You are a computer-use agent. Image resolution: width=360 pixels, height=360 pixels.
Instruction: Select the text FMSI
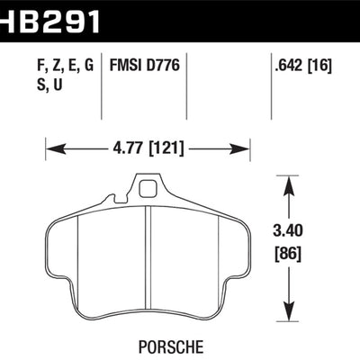coord(125,65)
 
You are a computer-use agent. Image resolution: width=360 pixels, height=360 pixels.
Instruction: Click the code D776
coord(163,65)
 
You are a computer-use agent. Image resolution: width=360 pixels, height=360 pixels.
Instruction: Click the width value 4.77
coord(126,148)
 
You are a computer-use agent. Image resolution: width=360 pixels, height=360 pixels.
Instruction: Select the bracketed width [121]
coord(166,148)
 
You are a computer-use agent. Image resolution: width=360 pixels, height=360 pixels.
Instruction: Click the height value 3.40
coord(288,231)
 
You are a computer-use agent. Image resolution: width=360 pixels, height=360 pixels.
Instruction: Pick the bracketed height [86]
coord(288,255)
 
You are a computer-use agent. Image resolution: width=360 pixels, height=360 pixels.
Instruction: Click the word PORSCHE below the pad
coord(171,346)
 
